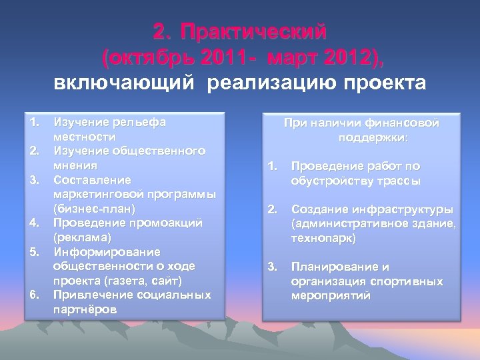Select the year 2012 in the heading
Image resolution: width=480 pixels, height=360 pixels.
tap(345, 57)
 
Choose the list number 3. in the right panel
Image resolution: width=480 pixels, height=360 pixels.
tap(271, 267)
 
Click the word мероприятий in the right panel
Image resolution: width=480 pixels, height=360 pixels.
tap(331, 295)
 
